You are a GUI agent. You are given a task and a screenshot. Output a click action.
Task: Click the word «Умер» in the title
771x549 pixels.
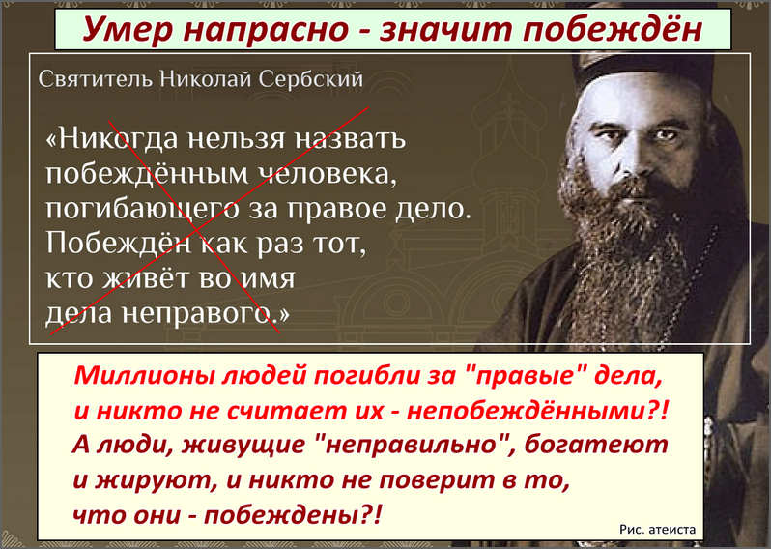tap(128, 30)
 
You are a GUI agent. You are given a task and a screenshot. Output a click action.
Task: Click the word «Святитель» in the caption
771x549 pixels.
tap(96, 79)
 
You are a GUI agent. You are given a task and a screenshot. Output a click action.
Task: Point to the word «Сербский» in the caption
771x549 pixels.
tap(311, 79)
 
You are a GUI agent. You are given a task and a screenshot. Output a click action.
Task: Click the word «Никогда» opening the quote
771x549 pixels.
tap(112, 138)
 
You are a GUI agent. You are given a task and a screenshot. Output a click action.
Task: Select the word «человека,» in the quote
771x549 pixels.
tap(328, 174)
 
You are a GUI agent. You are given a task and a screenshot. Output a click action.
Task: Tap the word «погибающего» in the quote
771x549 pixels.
tap(143, 210)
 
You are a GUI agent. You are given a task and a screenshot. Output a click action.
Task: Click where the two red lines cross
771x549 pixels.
tap(198, 230)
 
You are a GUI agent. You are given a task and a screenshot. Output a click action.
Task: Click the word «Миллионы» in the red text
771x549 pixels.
tap(144, 375)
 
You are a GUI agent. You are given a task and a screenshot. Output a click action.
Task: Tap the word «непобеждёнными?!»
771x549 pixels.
tap(538, 410)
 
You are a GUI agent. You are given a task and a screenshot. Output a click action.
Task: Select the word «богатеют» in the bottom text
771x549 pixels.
tap(596, 445)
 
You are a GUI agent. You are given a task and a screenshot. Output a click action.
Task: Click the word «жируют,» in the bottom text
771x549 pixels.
tap(157, 480)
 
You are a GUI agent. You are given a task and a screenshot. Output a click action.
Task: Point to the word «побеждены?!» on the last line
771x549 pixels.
tap(293, 515)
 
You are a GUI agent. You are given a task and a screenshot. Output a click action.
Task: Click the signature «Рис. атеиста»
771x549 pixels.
tap(657, 530)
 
